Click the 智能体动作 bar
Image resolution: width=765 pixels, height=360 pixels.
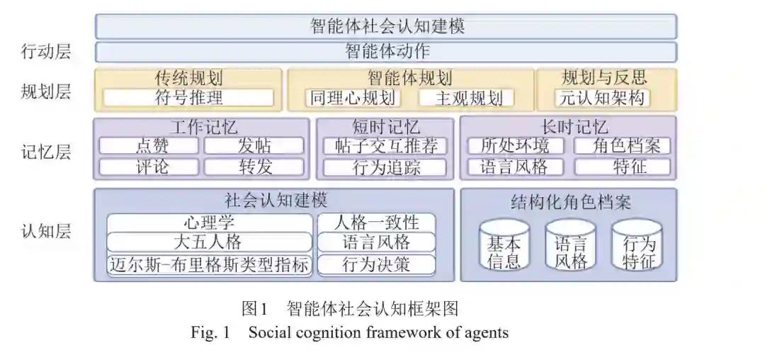pos(386,52)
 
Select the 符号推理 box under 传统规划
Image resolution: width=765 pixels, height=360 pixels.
pos(188,98)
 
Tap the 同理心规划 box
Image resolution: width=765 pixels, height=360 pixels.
pos(352,98)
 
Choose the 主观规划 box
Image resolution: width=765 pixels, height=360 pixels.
pos(465,98)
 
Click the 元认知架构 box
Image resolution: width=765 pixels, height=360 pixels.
pos(603,98)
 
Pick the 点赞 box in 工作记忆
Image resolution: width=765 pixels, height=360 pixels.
pos(148,146)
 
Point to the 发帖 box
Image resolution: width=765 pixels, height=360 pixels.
pos(254,146)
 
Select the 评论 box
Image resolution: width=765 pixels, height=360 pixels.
pos(148,167)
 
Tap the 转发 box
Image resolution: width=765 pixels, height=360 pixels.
pos(254,167)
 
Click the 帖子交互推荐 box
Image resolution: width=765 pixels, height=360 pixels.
pos(385,146)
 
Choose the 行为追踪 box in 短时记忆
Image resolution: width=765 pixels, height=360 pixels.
pos(385,167)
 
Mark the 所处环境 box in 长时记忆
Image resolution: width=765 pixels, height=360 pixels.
pos(515,146)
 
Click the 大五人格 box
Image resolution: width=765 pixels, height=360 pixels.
pos(210,242)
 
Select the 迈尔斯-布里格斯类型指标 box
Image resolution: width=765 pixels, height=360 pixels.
pos(210,265)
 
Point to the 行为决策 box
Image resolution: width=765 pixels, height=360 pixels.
pos(376,265)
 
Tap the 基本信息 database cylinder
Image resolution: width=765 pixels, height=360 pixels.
pos(504,244)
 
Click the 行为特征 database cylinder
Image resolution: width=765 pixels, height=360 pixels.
pos(637,244)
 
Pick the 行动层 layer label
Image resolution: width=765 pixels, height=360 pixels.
pos(46,52)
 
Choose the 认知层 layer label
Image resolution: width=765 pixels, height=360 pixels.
pos(46,231)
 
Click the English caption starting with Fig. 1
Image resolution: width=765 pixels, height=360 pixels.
pos(349,332)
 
